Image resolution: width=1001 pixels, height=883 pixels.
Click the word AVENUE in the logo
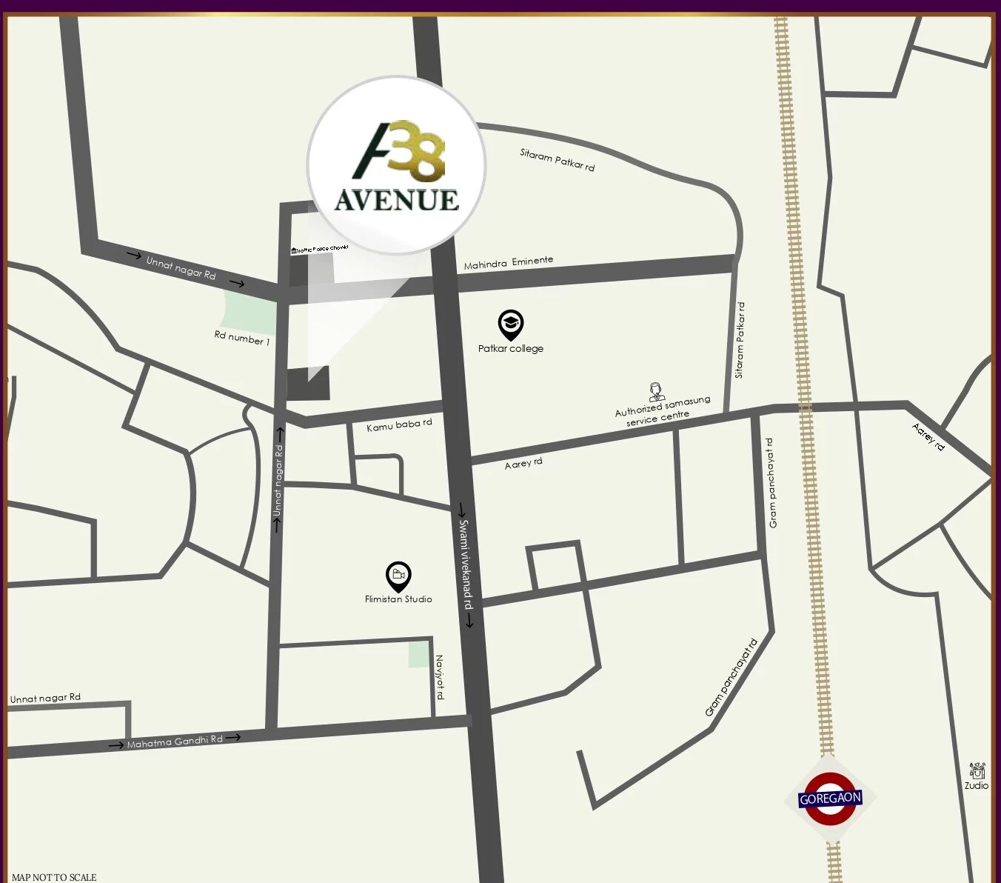[396, 200]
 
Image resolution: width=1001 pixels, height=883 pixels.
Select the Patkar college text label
[510, 349]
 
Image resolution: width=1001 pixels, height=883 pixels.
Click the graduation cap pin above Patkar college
[510, 324]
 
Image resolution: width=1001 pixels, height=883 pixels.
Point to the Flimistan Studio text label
[398, 599]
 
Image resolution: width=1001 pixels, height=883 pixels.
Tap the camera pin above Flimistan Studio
[398, 576]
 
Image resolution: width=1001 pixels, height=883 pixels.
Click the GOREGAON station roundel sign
[830, 799]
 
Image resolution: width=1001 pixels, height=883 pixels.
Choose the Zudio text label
[976, 786]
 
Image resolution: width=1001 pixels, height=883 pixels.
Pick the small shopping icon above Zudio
[977, 770]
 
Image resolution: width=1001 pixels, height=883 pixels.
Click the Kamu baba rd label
[399, 425]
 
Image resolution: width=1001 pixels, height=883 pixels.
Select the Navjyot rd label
[440, 676]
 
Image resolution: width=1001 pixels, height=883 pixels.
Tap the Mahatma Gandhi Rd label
[175, 742]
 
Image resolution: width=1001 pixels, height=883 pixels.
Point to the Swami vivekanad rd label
[466, 564]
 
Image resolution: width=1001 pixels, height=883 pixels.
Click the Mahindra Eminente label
[508, 262]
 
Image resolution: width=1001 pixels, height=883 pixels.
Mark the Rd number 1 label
[241, 338]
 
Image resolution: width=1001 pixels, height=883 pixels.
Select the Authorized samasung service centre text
[660, 411]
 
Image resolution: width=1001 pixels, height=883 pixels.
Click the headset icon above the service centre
[656, 390]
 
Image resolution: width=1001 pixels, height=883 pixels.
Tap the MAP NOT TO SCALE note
[54, 877]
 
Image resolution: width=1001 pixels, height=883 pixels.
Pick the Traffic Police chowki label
[320, 249]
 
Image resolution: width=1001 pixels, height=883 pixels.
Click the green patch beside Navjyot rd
[419, 655]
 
